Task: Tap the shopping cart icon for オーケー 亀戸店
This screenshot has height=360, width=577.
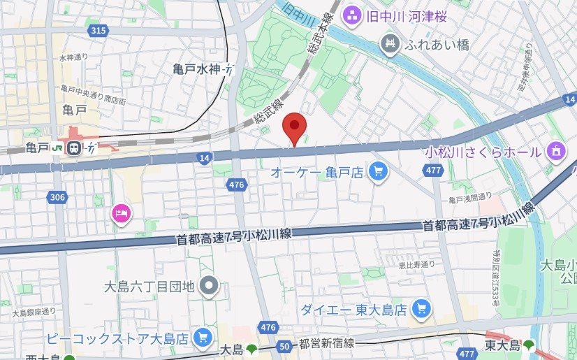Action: pos(378,170)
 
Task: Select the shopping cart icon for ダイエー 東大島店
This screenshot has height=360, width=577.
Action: pos(421,307)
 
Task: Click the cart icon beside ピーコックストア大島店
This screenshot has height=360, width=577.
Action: pos(203,337)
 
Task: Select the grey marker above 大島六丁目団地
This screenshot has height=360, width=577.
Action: pos(208,285)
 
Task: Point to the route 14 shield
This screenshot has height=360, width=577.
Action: pos(204,159)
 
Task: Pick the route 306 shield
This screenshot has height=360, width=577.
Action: pos(58,198)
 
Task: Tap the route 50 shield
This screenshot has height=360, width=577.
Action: pos(284,345)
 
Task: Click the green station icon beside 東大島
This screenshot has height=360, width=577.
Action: pos(528,345)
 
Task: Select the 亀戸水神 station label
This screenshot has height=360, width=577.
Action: pos(197,69)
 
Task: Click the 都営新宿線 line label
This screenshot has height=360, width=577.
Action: pos(327,343)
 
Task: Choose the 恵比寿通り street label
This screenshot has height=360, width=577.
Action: pos(417,264)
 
